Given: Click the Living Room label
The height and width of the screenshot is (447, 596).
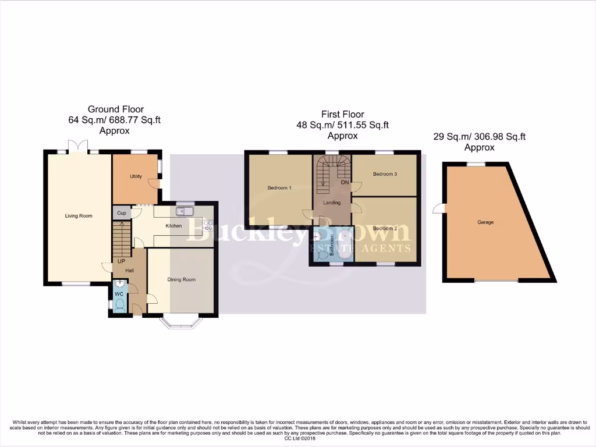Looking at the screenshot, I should pos(78,216).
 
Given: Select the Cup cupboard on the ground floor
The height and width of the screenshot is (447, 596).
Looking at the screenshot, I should pos(122,213).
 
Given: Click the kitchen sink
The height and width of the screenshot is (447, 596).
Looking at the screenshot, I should pos(185,211).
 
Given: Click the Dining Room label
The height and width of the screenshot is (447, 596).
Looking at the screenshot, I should pos(182,279).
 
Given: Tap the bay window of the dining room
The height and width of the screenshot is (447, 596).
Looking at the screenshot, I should pos(181,322).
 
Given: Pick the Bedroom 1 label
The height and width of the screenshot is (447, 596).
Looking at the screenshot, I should pos(279,187).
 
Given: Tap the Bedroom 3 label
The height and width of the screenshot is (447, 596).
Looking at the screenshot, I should pos(385,173).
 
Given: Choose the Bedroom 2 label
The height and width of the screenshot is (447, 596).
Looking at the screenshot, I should pos(385,228).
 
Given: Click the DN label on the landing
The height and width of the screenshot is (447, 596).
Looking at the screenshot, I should pos(345,182).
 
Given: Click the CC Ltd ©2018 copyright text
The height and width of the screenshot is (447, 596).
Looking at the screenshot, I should pos(298,438).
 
